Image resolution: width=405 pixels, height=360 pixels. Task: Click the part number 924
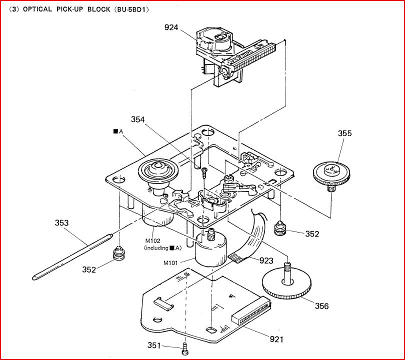[x=171, y=27]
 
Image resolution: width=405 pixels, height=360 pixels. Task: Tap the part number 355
[x=344, y=133]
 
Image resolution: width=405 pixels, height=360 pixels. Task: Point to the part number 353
[x=62, y=223]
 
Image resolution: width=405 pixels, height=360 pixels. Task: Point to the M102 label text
[x=153, y=239]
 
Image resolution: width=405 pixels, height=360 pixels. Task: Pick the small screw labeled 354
[x=204, y=172]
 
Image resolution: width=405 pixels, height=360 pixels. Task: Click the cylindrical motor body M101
[x=209, y=249]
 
